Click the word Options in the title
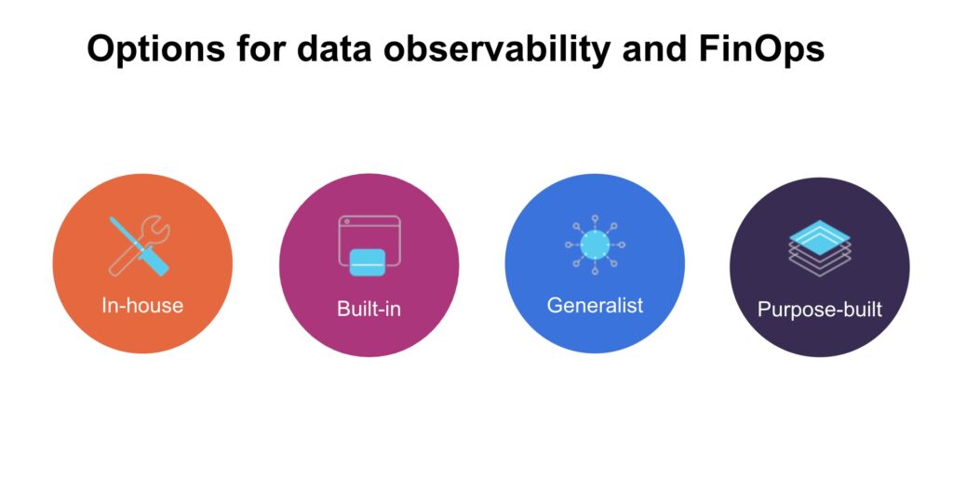click(156, 49)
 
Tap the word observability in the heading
click(496, 48)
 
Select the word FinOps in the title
click(761, 49)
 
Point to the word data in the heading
click(334, 48)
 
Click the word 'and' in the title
click(654, 48)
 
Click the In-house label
click(142, 305)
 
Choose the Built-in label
click(369, 309)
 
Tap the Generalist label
click(595, 305)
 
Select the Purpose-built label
click(819, 310)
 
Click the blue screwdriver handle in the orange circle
click(154, 259)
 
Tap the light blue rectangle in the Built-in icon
click(368, 262)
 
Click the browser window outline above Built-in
click(369, 217)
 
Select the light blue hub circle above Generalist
click(595, 245)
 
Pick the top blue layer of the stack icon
click(819, 237)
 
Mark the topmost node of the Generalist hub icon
click(595, 218)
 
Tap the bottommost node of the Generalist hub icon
click(595, 272)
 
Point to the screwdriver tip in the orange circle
click(112, 219)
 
